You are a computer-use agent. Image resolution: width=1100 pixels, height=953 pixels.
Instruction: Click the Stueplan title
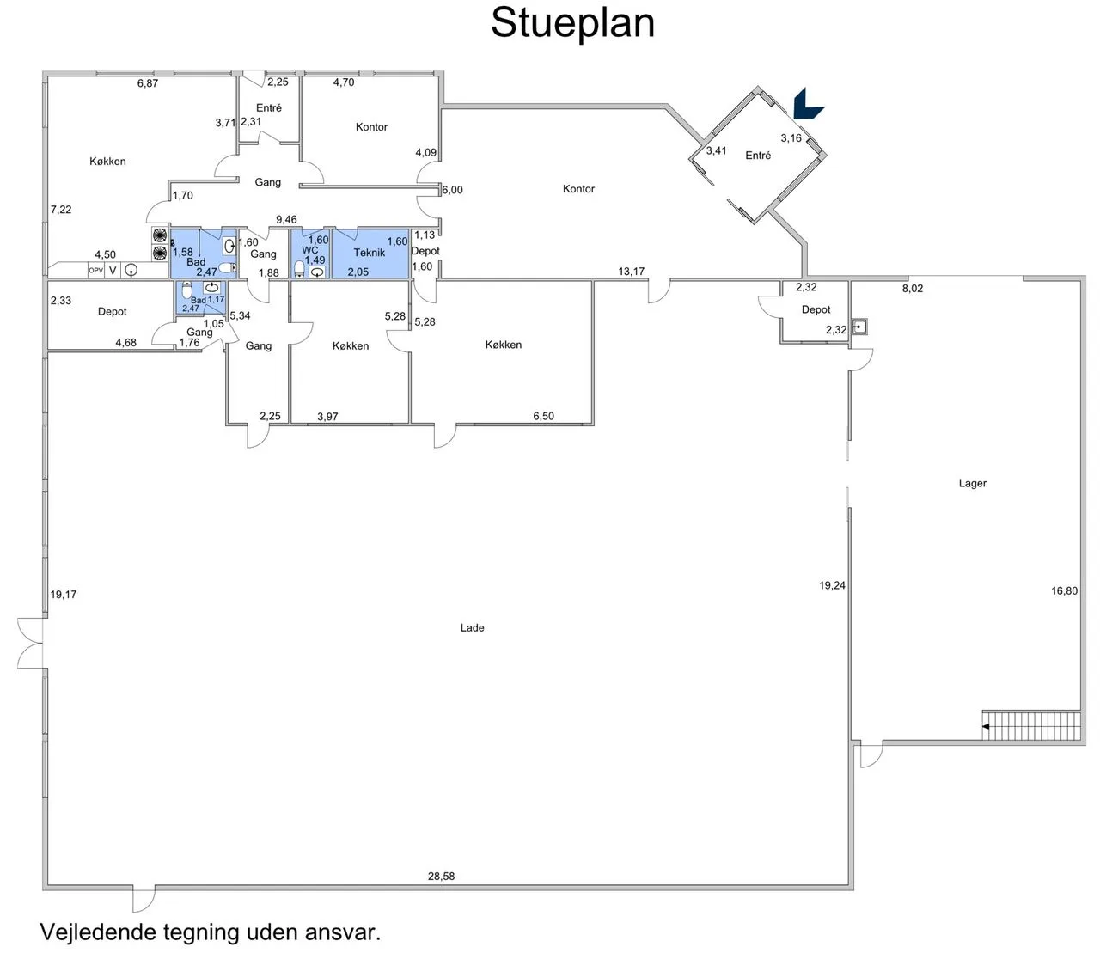tap(572, 23)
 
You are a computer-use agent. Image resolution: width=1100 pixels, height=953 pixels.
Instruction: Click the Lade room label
tap(472, 627)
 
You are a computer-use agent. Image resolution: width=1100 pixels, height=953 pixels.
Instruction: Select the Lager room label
tap(972, 483)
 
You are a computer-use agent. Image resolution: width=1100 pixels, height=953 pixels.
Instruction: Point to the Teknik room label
tap(369, 253)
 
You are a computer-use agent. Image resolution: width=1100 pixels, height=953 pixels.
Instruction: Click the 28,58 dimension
tap(441, 876)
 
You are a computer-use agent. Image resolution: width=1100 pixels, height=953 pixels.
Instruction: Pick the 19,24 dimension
tap(832, 585)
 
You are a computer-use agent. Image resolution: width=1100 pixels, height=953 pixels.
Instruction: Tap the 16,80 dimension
tap(1064, 590)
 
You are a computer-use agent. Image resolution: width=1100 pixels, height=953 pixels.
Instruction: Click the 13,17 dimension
tap(631, 272)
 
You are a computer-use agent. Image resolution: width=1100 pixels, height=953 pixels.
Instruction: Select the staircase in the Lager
tap(1030, 725)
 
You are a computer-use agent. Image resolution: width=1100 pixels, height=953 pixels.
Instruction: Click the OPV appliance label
tap(95, 271)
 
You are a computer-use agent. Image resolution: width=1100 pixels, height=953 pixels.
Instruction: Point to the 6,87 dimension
tap(148, 83)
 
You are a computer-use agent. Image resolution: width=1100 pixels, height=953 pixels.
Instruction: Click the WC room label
tap(309, 250)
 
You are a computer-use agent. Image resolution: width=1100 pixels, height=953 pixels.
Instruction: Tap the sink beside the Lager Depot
tap(859, 327)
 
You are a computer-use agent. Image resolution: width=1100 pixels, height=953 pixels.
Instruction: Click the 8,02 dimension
tap(912, 289)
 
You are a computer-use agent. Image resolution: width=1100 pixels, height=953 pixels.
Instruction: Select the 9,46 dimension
tap(286, 219)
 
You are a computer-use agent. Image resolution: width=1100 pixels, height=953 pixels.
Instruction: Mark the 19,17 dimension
tap(64, 595)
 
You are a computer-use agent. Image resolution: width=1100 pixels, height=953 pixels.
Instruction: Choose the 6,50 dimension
tap(543, 416)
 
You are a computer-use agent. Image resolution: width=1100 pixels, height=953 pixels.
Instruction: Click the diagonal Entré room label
tap(758, 156)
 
